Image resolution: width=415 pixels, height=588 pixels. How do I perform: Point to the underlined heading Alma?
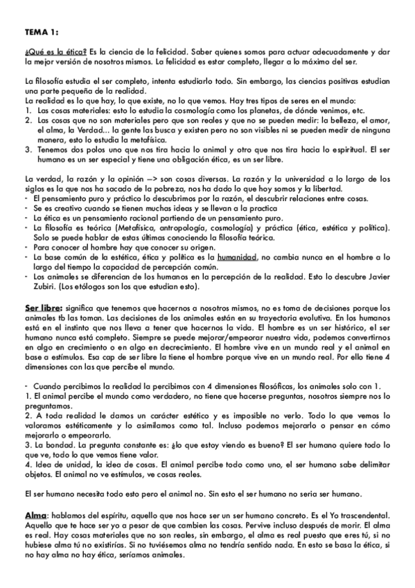[x=35, y=517]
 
